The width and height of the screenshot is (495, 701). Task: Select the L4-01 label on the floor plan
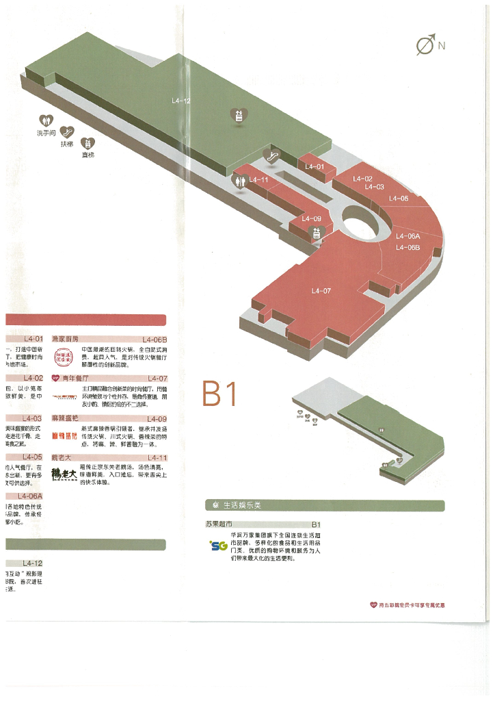[x=315, y=166]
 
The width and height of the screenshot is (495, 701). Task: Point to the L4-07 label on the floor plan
[x=321, y=291]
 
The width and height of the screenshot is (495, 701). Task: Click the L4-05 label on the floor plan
[x=399, y=199]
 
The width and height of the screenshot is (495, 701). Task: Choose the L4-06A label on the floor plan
[x=407, y=236]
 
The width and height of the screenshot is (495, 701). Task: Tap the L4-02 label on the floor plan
[x=363, y=179]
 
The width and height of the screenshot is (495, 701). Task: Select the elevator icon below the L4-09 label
[x=316, y=233]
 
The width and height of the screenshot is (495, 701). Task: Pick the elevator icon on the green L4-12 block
[x=239, y=116]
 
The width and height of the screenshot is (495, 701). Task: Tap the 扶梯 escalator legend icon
[x=67, y=131]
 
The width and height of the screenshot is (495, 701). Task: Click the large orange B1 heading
[x=219, y=394]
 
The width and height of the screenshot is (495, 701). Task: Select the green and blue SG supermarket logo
[x=218, y=546]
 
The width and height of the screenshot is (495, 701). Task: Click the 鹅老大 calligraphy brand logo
[x=64, y=473]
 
